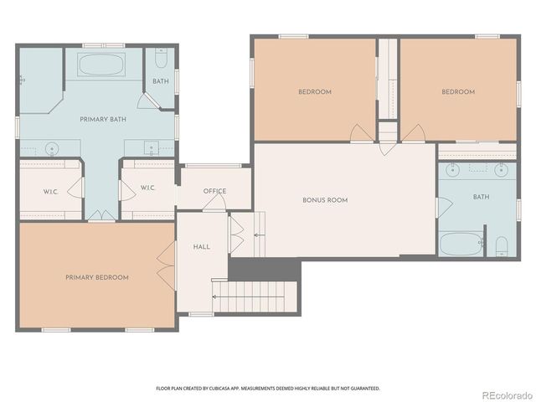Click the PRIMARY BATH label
(103, 120)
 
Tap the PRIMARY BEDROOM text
(97, 277)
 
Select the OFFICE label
(214, 192)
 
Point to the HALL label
(202, 247)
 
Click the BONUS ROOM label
(325, 200)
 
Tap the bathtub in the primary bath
(100, 65)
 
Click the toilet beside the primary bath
(161, 58)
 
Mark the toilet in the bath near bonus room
(501, 245)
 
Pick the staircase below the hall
(255, 296)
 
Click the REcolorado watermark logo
(505, 393)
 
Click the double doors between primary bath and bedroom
(101, 216)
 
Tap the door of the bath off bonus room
(444, 206)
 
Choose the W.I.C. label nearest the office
(147, 188)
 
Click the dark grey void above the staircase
(264, 270)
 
